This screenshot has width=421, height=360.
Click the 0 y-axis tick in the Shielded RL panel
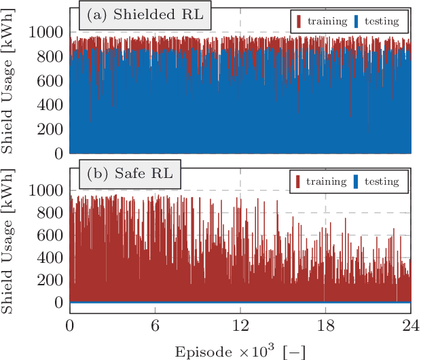pos(59,154)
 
